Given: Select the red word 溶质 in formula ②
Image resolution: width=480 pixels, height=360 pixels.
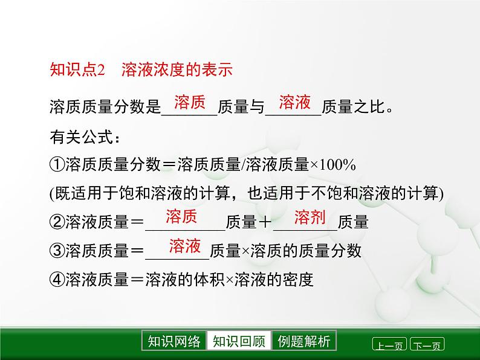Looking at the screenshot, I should click(181, 217).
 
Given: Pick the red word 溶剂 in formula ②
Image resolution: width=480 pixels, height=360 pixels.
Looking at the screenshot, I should click(310, 217).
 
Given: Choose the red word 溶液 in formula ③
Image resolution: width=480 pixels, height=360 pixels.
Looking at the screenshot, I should click(185, 246).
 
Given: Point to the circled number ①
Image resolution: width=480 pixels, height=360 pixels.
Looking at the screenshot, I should click(56, 165).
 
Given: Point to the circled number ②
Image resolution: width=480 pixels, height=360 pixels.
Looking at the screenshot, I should click(56, 222).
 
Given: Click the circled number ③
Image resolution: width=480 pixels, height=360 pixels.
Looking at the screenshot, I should click(56, 251).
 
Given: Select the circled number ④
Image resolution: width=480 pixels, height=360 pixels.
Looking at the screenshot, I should click(56, 280).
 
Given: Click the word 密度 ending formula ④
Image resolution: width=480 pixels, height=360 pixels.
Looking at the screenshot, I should click(298, 280).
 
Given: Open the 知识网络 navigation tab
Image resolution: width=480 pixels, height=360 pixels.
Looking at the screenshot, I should click(174, 341).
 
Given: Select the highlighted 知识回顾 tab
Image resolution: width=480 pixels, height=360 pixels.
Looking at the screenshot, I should click(239, 341).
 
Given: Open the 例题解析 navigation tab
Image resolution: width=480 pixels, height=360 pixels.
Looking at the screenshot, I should click(304, 341).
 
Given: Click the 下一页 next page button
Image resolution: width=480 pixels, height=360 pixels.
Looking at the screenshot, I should click(427, 346).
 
